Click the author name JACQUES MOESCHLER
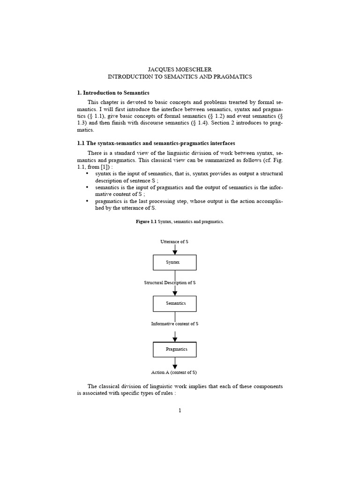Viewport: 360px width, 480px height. coord(180,69)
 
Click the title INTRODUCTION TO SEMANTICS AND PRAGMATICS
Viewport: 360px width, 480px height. coord(180,76)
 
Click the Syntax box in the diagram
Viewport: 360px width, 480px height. coord(175,262)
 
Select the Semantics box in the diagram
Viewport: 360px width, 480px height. coord(175,303)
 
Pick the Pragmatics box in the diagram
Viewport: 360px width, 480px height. coord(175,349)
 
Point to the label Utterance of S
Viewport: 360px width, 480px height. coord(174,241)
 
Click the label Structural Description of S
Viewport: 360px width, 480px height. coord(170,283)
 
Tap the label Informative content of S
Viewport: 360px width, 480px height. coord(174,324)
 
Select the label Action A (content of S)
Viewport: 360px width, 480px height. coord(174,372)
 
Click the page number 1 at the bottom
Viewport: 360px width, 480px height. coord(180,411)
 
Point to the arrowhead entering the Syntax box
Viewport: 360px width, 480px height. coord(175,252)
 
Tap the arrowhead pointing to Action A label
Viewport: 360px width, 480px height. coord(175,365)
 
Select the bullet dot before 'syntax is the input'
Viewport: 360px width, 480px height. coord(87,174)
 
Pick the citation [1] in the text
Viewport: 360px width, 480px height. coord(103,167)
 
